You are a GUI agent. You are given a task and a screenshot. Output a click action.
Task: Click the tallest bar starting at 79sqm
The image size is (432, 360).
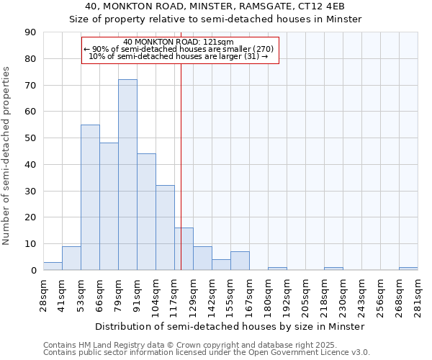click(x=127, y=175)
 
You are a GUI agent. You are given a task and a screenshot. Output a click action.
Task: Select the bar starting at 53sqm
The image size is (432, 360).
click(x=90, y=197)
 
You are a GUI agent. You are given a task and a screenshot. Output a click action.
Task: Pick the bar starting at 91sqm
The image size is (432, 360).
click(x=146, y=212)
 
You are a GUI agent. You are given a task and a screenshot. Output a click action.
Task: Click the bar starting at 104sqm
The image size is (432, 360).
click(x=165, y=228)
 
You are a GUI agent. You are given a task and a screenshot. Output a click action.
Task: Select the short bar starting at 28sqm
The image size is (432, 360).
click(x=53, y=266)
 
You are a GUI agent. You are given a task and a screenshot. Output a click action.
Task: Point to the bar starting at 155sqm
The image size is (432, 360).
click(x=240, y=261)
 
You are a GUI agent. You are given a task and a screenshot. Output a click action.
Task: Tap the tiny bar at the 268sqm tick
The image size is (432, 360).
click(x=408, y=269)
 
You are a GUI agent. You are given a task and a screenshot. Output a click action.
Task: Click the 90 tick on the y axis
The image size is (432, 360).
click(x=30, y=32)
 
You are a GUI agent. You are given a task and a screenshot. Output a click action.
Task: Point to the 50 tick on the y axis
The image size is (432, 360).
click(x=30, y=138)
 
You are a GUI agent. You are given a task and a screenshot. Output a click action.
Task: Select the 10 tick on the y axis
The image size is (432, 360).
click(x=30, y=244)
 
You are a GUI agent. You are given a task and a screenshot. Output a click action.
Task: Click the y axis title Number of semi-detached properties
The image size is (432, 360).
click(x=6, y=156)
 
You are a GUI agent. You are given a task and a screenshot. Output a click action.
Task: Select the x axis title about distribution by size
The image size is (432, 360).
click(x=230, y=326)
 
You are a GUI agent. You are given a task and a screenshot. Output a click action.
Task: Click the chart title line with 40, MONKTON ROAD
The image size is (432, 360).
click(x=215, y=6)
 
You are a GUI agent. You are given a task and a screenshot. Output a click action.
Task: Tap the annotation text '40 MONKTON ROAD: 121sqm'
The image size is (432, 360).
click(x=179, y=42)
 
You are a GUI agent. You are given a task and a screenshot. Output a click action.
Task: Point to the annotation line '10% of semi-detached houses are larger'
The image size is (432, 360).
click(x=179, y=56)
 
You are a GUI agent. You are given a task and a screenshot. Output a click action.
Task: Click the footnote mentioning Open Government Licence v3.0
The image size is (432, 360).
click(x=207, y=352)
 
